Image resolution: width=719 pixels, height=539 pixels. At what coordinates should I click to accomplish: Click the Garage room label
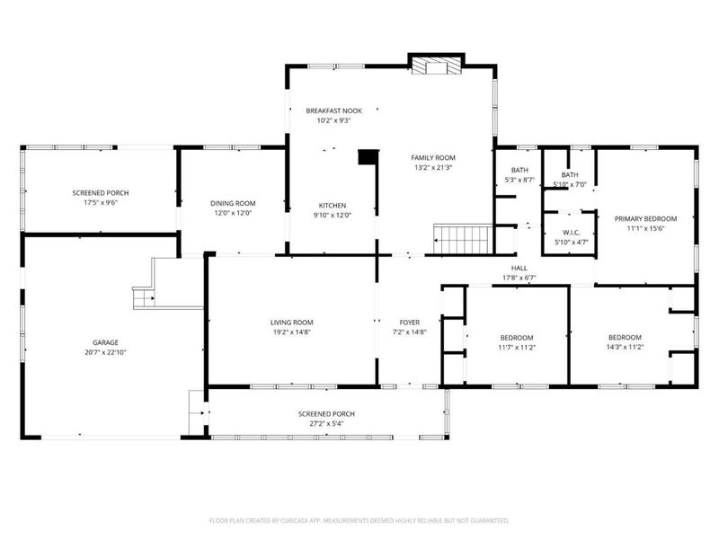(x=105, y=342)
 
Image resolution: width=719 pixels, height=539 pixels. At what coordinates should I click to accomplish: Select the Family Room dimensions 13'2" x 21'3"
(x=433, y=167)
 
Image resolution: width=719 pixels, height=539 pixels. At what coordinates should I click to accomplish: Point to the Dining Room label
(x=233, y=203)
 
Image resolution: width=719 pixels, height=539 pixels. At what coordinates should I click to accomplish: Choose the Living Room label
(x=291, y=322)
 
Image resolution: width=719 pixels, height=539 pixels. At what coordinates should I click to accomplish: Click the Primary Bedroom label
(x=645, y=218)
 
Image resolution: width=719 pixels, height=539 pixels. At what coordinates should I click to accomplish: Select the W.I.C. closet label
(x=570, y=232)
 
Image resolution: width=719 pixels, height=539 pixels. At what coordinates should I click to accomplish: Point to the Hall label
(x=519, y=268)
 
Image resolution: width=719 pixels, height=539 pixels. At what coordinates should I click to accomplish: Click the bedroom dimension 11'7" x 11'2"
(x=517, y=347)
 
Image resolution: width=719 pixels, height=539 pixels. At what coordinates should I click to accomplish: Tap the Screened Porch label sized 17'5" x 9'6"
(x=95, y=193)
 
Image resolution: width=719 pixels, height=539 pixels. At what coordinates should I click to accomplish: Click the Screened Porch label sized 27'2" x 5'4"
(x=321, y=414)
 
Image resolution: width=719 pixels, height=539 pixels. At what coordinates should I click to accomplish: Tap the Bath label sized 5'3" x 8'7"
(x=519, y=170)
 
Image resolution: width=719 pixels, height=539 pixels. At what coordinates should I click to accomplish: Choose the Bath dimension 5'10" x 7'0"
(x=570, y=184)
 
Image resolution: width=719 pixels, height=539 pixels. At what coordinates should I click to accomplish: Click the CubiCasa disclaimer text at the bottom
(x=359, y=520)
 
